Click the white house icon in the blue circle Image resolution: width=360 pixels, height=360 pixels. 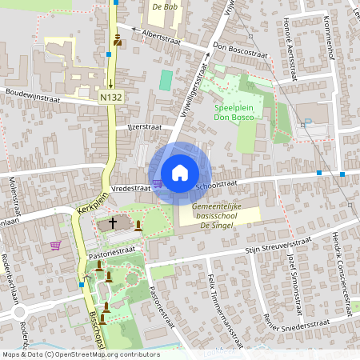[179, 173]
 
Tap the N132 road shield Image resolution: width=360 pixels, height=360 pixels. [110, 97]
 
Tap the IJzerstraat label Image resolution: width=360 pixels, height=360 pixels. [145, 126]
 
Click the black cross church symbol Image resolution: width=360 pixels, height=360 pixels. [113, 223]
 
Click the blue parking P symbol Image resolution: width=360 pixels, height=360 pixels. [306, 122]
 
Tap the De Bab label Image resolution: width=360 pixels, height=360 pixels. [164, 6]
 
